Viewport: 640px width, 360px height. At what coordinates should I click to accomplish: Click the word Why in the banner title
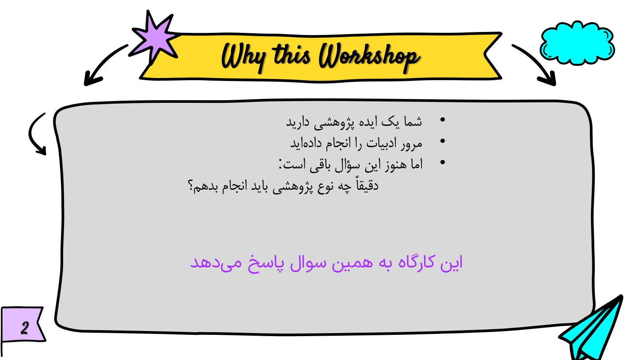pyautogui.click(x=244, y=57)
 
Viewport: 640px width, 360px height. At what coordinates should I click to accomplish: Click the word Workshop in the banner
pyautogui.click(x=369, y=57)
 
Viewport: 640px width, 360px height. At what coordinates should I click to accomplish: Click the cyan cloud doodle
pyautogui.click(x=577, y=43)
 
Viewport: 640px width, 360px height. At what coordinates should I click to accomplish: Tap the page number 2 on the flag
pyautogui.click(x=25, y=328)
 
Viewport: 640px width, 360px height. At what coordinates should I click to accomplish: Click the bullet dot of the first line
pyautogui.click(x=442, y=119)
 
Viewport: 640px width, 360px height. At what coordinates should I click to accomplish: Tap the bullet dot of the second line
pyautogui.click(x=442, y=141)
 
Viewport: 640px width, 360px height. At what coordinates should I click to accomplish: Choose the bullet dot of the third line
pyautogui.click(x=442, y=162)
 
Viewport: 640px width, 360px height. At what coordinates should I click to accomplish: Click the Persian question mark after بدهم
pyautogui.click(x=190, y=186)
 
